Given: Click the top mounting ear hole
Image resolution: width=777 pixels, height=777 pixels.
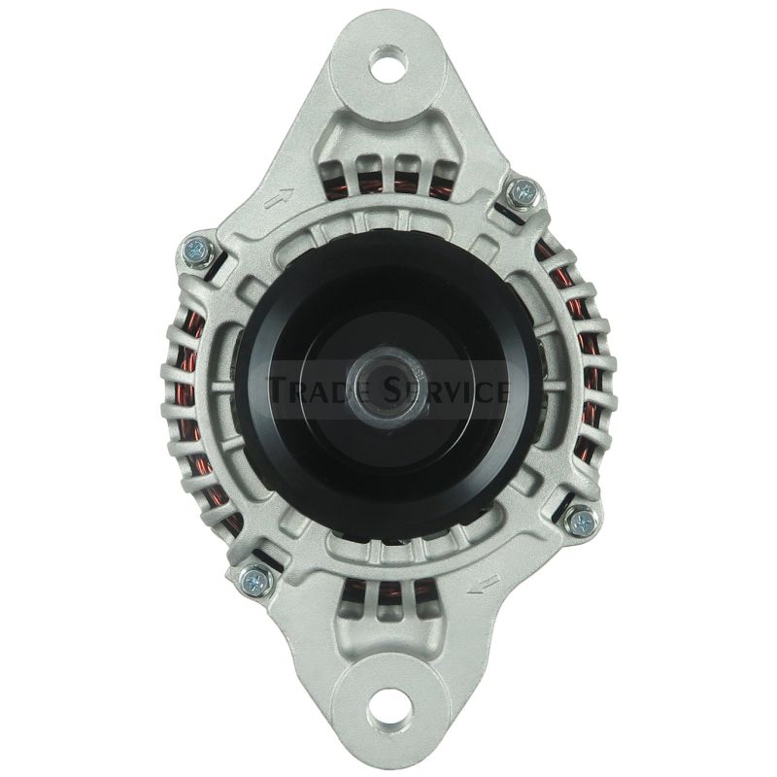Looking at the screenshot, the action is coord(389,64).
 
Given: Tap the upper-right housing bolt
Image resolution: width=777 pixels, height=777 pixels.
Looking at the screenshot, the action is coord(523,190).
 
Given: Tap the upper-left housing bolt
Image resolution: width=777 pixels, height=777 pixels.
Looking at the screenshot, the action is coord(198,252).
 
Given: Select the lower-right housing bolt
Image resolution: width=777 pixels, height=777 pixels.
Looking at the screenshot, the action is coord(582,522).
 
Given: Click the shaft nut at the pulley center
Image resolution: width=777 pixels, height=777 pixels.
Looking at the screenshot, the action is coord(389,388).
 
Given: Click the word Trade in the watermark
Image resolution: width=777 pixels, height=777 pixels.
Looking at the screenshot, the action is coord(323,389).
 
